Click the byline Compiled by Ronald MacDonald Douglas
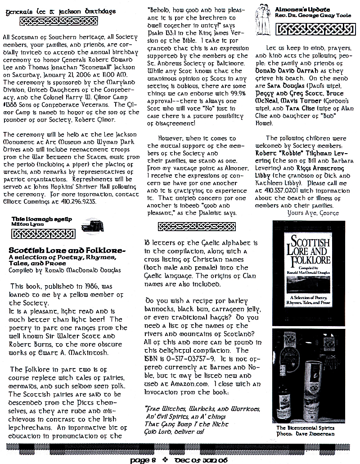(x=65, y=270)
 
